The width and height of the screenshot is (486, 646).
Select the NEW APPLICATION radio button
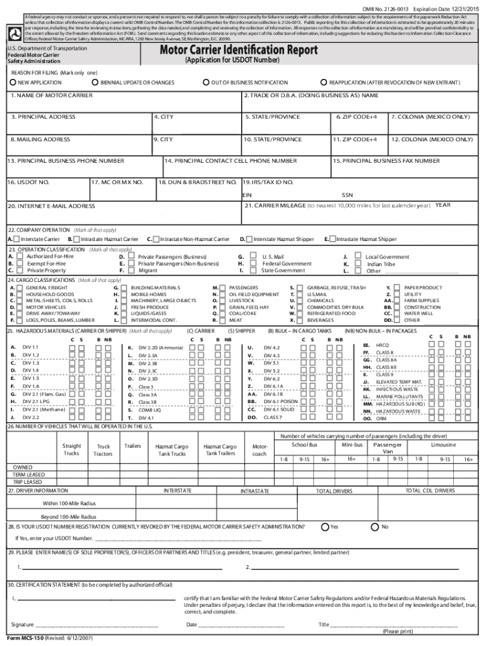coord(13,83)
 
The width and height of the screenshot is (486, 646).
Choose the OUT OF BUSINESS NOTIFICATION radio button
coord(206,83)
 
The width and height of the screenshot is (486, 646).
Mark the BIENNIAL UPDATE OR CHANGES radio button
coord(95,83)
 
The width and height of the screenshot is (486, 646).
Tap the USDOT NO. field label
coord(28,182)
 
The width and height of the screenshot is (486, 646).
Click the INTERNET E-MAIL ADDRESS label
coord(51,206)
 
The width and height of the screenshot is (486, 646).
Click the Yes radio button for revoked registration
coord(324,527)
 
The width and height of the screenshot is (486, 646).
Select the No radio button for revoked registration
coord(376,527)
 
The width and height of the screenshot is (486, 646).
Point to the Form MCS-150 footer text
coord(49,638)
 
